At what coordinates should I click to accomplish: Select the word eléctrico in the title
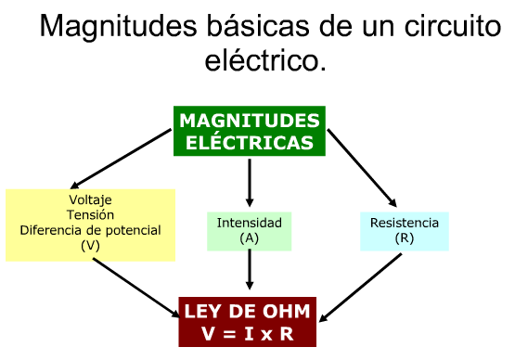pyautogui.click(x=264, y=61)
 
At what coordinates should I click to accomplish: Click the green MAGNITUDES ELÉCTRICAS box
pyautogui.click(x=250, y=131)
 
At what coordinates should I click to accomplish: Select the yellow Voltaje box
pyautogui.click(x=90, y=225)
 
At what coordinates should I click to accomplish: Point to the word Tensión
pyautogui.click(x=90, y=215)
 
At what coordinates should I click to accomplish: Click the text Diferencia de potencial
pyautogui.click(x=90, y=230)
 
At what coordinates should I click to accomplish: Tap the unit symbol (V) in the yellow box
pyautogui.click(x=90, y=245)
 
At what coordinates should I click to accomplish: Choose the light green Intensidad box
pyautogui.click(x=249, y=231)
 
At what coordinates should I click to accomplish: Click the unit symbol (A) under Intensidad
pyautogui.click(x=249, y=238)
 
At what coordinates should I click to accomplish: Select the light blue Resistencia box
pyautogui.click(x=404, y=231)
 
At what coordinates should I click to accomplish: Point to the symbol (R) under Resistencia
pyautogui.click(x=404, y=238)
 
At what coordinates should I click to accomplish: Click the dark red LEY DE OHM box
pyautogui.click(x=250, y=321)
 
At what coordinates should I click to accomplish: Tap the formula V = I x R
pyautogui.click(x=250, y=332)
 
